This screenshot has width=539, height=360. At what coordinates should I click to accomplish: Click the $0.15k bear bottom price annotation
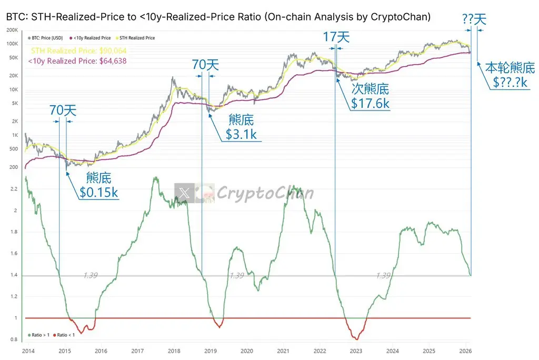point(99,193)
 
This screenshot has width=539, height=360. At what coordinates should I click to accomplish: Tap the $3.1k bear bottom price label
point(241,134)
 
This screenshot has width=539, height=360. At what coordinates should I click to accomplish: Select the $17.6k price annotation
point(371,103)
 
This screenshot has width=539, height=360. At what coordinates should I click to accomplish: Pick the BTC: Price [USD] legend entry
point(47,38)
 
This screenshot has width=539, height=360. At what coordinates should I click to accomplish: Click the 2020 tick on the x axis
point(246,351)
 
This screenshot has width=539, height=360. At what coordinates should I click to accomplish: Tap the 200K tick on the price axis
point(12,30)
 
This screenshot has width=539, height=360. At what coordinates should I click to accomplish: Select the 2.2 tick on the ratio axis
point(14,188)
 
